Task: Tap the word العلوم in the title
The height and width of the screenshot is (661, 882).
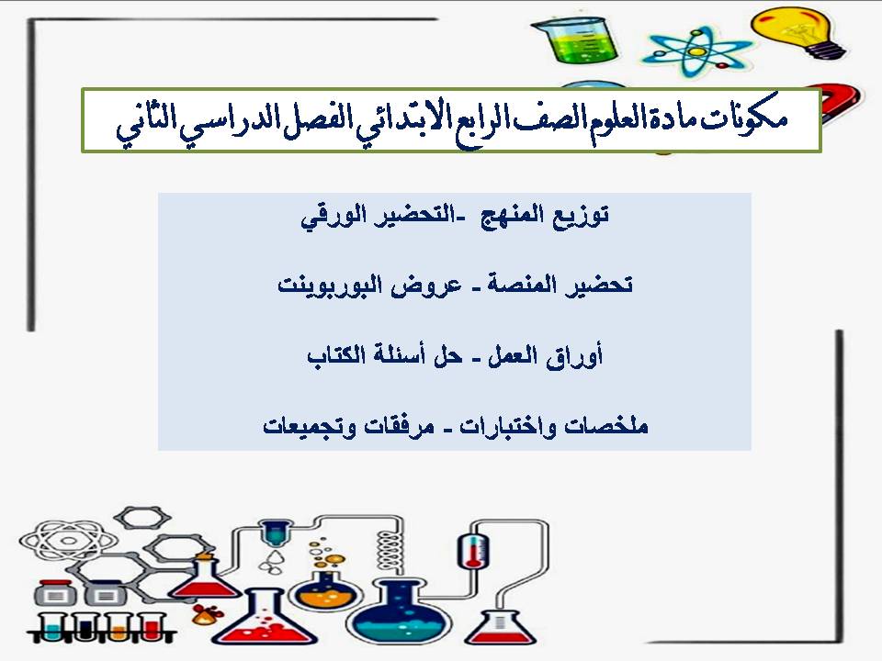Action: point(542,121)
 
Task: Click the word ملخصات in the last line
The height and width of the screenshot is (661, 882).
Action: point(610,426)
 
